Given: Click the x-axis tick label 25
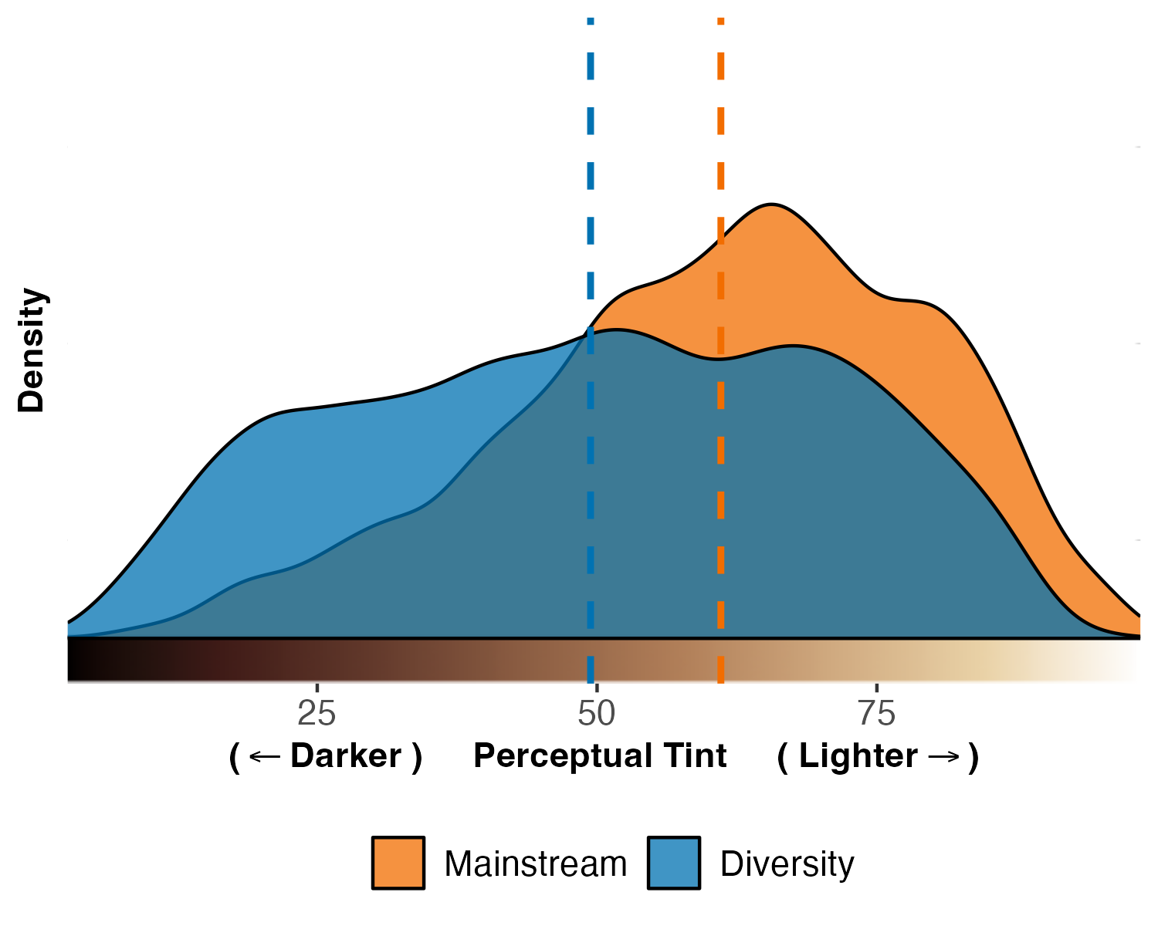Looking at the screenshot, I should (317, 715).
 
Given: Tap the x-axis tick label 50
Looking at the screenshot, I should (596, 715).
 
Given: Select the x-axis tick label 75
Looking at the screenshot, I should (877, 715).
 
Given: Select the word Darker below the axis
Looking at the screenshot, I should (346, 756).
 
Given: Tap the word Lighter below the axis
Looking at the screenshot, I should (858, 756).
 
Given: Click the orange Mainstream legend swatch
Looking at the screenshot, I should (398, 863).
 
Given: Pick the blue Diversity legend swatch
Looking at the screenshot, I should (673, 863).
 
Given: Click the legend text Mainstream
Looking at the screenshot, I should (535, 864).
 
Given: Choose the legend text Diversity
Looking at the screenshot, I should (787, 864).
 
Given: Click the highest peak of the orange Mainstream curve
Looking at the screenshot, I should (770, 204).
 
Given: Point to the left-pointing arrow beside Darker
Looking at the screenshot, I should (265, 757).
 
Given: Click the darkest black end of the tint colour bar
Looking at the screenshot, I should (73, 661).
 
